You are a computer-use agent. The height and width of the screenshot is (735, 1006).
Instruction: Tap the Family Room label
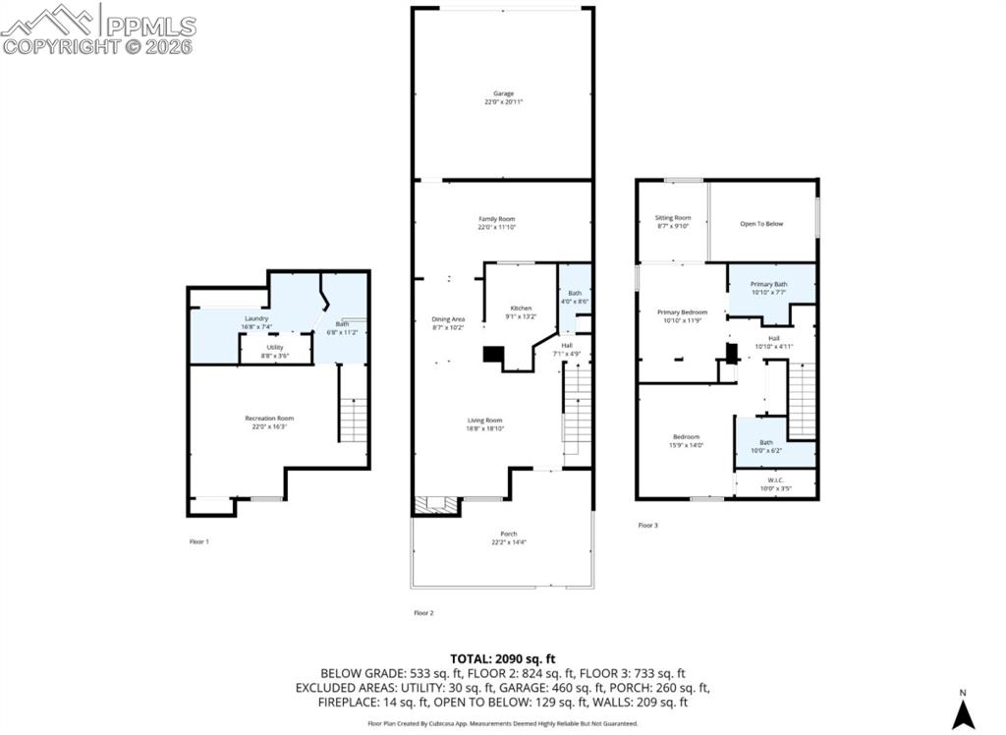[x=496, y=219]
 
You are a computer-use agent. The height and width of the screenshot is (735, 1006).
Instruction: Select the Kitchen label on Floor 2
[x=521, y=309]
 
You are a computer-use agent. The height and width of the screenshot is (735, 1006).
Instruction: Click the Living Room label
[x=485, y=421]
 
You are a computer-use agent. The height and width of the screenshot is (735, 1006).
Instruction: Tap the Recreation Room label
[x=269, y=419]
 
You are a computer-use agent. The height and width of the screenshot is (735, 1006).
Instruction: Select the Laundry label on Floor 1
[x=256, y=319]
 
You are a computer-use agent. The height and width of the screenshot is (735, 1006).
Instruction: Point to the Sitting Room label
[x=673, y=218]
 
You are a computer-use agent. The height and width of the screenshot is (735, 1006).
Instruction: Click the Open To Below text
[x=761, y=224]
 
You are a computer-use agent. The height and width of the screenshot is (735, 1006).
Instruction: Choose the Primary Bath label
[x=769, y=284]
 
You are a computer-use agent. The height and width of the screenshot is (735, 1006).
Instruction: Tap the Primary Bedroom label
[x=682, y=312]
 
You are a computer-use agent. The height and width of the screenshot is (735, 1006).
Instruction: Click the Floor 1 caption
[x=198, y=541]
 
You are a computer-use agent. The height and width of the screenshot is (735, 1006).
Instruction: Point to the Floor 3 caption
[x=647, y=526]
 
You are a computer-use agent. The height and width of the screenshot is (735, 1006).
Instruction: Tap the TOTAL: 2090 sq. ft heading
[x=503, y=658]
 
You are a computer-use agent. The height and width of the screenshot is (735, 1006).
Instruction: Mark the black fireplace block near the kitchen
[x=490, y=356]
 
